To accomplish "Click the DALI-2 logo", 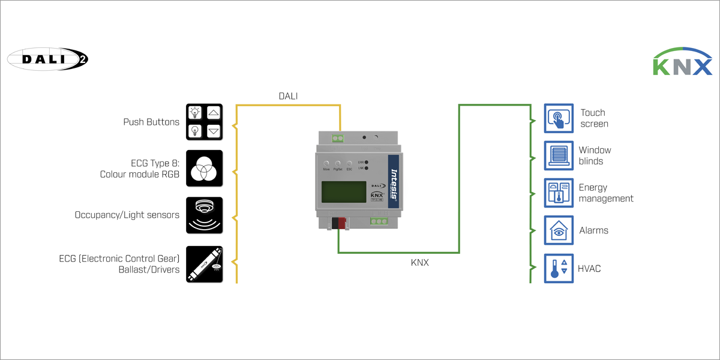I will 47,59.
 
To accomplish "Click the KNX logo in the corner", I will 682,62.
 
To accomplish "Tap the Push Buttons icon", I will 205,122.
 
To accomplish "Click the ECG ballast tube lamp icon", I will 205,264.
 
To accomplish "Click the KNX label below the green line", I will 419,263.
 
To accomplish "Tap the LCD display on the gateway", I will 343,193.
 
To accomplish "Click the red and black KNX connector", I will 340,223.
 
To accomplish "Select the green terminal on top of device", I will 339,138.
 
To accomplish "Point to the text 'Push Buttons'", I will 151,122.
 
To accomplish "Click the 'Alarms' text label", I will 593,230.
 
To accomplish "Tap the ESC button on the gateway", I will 349,164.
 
